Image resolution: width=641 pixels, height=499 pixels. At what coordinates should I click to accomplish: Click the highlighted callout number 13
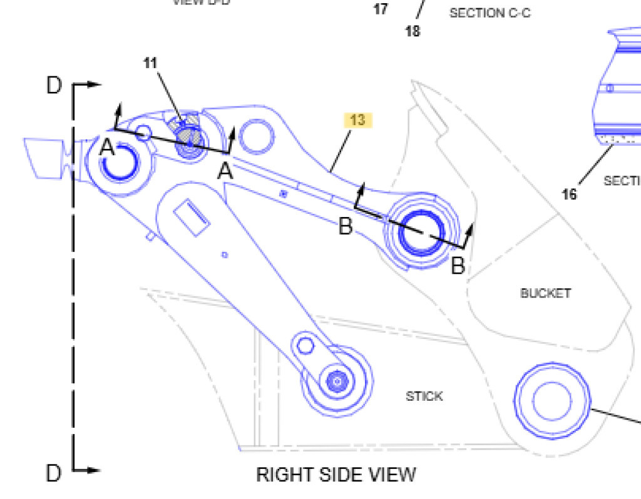pos(357,119)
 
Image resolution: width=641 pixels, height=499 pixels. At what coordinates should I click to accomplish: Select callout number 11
pos(150,63)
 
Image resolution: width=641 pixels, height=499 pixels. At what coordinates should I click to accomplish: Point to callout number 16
pos(569,194)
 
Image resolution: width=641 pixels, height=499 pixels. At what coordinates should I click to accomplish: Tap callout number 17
pos(381,9)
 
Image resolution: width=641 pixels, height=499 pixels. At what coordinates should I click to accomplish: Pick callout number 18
pos(413,31)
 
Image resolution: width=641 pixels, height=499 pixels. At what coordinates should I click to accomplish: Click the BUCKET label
pos(545,293)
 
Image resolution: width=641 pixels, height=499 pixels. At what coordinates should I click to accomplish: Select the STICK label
pos(424,396)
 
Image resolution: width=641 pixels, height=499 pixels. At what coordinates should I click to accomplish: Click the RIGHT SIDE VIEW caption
pos(336,475)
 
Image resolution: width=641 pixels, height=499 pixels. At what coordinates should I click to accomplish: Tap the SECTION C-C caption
pos(490,13)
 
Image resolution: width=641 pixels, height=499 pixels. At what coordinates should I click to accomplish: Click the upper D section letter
pos(54,86)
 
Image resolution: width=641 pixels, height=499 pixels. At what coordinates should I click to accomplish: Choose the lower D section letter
pos(54,473)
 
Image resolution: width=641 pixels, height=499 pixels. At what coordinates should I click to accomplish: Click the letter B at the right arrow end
pos(458,266)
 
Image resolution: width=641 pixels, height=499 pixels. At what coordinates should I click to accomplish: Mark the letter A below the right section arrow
pos(225,171)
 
